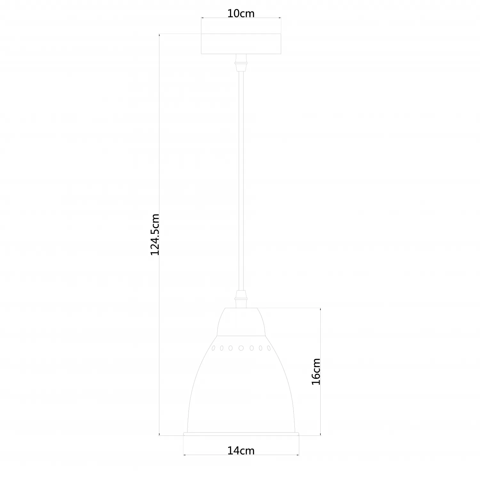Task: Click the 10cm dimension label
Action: [x=241, y=13]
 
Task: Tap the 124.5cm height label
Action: [x=155, y=235]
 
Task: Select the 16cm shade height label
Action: [x=316, y=372]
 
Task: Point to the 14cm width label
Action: [x=241, y=451]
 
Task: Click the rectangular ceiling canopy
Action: [x=241, y=44]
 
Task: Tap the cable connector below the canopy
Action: [x=241, y=63]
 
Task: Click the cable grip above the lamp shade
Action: [x=241, y=299]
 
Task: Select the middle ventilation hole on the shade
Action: [x=241, y=348]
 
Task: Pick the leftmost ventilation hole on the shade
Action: [x=213, y=348]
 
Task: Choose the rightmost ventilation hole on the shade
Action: [x=269, y=348]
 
